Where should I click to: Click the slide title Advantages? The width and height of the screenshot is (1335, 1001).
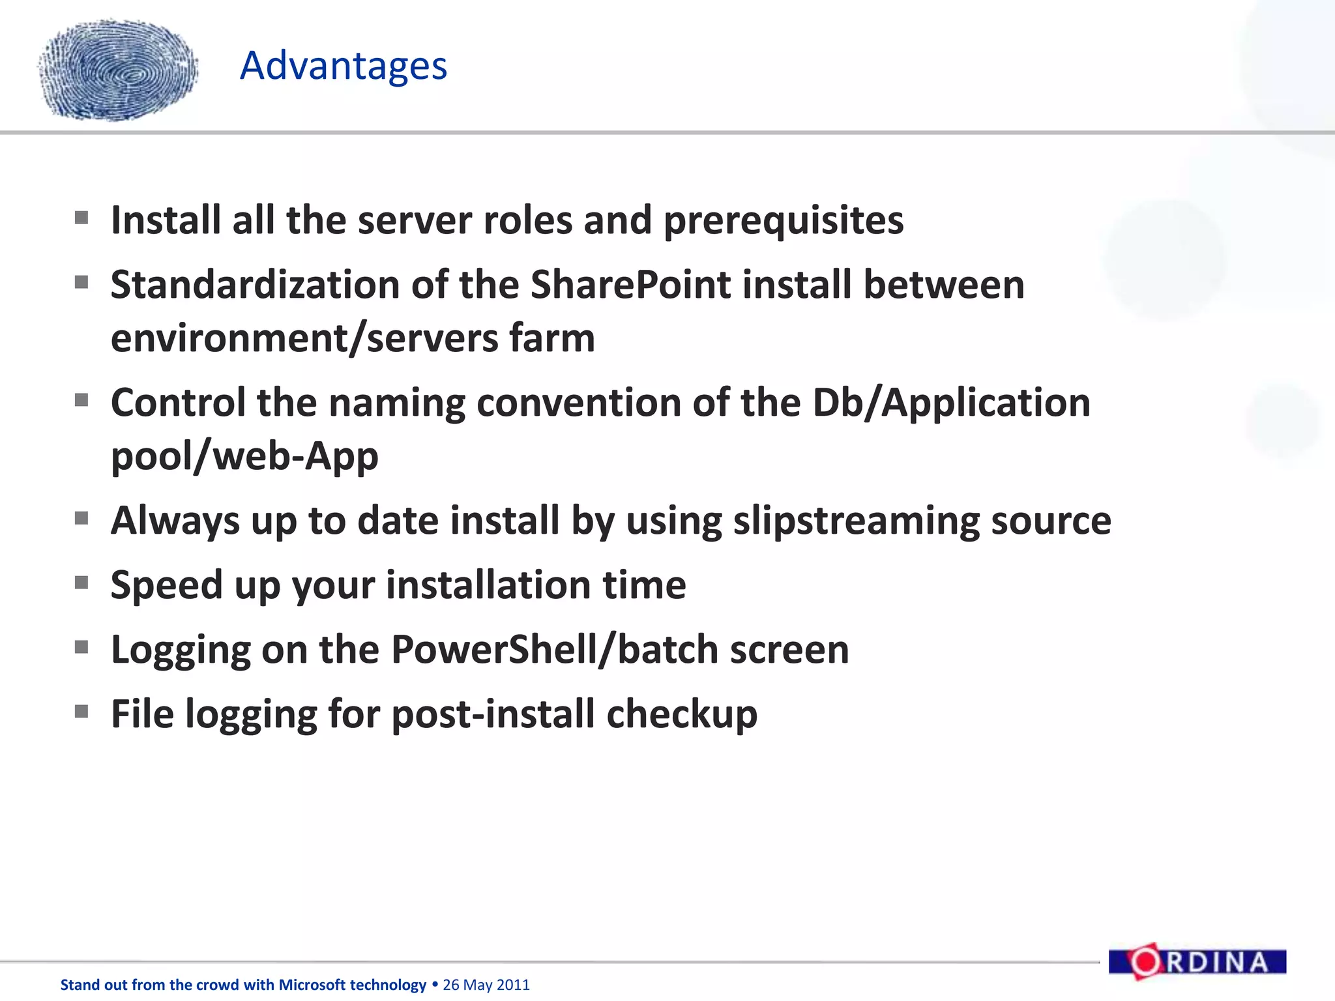click(x=344, y=66)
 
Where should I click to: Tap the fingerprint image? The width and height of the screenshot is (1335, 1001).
click(x=118, y=70)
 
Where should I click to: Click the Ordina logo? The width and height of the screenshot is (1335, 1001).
click(x=1197, y=962)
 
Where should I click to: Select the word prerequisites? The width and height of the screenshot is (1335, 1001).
click(x=783, y=220)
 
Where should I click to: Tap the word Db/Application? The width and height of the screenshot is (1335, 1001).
click(x=951, y=403)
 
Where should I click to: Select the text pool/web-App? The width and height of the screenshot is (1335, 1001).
click(x=244, y=456)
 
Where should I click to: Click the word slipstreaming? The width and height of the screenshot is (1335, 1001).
click(x=856, y=521)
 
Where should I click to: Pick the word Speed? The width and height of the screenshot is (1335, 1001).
click(x=166, y=585)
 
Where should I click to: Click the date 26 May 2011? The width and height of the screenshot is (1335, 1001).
click(x=486, y=985)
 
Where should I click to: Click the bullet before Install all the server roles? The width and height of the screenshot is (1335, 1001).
click(x=81, y=218)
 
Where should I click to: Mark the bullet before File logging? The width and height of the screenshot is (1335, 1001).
click(x=81, y=712)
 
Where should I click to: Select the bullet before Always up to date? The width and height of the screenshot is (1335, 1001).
click(x=81, y=519)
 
